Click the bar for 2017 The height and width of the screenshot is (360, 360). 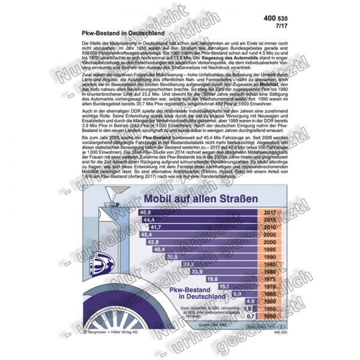point(198,212)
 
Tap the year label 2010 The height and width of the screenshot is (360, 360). point(269,227)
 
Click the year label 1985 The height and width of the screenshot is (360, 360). point(269,264)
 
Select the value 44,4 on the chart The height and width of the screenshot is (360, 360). point(148,220)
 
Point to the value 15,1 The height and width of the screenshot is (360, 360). point(224,286)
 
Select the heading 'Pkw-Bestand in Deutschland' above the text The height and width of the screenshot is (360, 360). point(116,34)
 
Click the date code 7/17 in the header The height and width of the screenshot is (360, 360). point(275,27)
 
